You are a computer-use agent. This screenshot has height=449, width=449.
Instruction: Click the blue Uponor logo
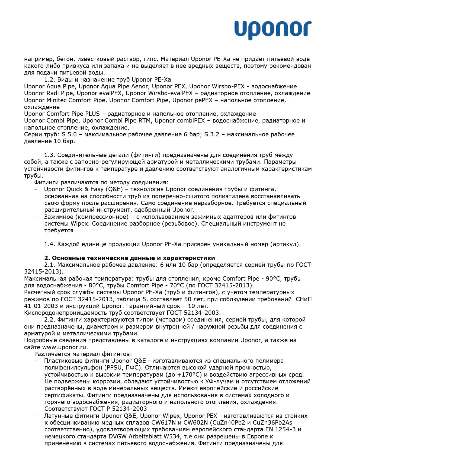[273, 30]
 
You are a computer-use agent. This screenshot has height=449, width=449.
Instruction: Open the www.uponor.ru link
[64, 347]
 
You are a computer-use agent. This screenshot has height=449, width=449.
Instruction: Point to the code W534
[184, 436]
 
